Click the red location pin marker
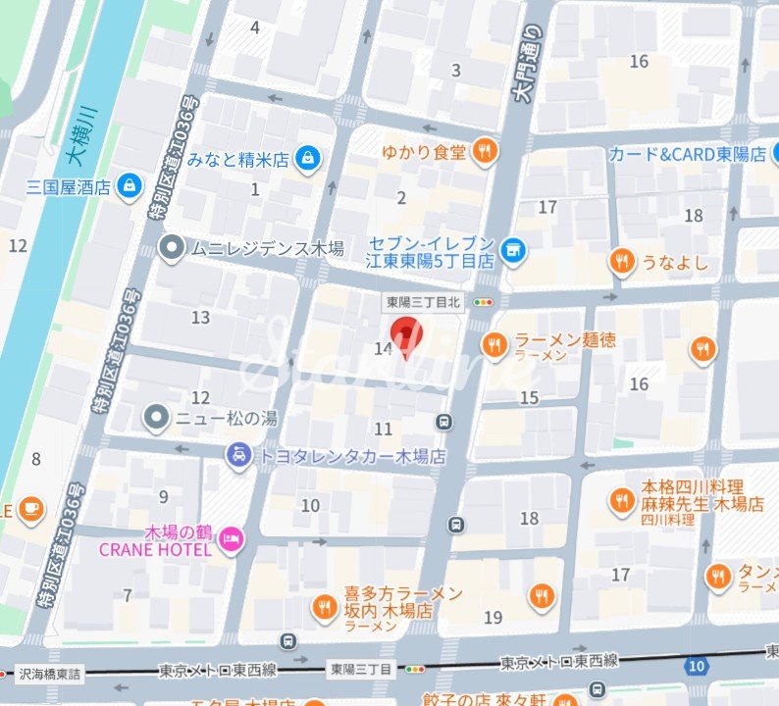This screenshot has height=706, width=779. click(x=406, y=337)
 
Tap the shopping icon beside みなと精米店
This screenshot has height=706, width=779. click(x=308, y=157)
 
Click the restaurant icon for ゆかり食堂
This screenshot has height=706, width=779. click(x=483, y=150)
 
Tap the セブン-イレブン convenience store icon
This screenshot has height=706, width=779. click(x=511, y=251)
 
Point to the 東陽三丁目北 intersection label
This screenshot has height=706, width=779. click(x=421, y=302)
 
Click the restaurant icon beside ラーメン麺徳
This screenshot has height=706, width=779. click(x=494, y=344)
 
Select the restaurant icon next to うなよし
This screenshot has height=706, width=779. click(x=620, y=261)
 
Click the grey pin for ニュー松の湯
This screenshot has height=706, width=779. click(x=156, y=418)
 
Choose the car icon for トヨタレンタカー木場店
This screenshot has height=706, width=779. click(x=237, y=455)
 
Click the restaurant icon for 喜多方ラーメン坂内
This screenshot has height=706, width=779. click(x=323, y=608)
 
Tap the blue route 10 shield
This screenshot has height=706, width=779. click(x=697, y=667)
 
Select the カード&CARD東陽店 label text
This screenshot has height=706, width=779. click(x=687, y=154)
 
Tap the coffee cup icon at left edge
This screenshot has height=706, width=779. click(x=31, y=508)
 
